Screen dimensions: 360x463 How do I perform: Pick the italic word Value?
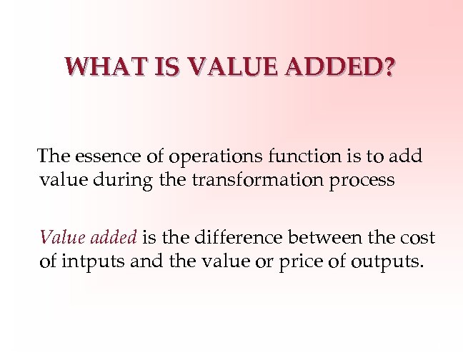[x=59, y=237]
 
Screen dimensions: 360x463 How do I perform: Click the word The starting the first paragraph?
[x=53, y=156]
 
